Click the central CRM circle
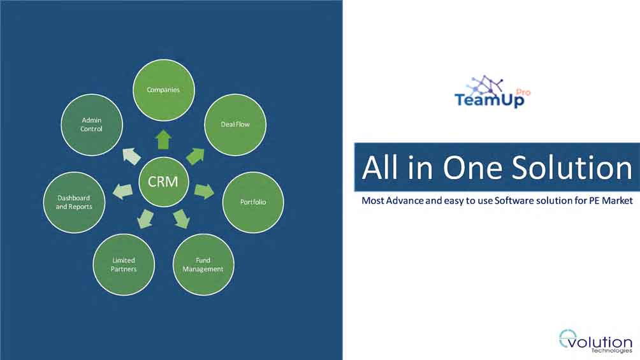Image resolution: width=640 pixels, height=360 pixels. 163,182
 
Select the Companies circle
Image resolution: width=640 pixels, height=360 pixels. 163,90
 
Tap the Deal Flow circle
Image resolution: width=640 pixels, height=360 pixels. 235,124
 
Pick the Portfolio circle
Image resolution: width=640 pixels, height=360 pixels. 253,202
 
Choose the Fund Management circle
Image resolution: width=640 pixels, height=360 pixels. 203,264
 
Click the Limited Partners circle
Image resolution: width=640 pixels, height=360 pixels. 124,264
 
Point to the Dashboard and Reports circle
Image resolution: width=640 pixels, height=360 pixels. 74,203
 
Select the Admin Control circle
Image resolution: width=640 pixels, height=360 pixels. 91,124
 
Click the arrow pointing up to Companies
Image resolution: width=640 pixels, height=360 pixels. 163,140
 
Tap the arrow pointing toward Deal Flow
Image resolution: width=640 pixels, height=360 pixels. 196,156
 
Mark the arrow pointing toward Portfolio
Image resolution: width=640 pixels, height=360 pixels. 204,191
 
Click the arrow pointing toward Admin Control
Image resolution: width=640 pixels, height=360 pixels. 131,156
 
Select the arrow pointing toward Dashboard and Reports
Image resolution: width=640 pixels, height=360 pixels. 122,191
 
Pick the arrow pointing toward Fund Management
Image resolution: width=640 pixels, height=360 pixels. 182,219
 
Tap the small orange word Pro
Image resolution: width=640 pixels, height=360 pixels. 523,92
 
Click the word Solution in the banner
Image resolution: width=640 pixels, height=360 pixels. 572,168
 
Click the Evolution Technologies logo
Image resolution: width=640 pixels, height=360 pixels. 595,341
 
